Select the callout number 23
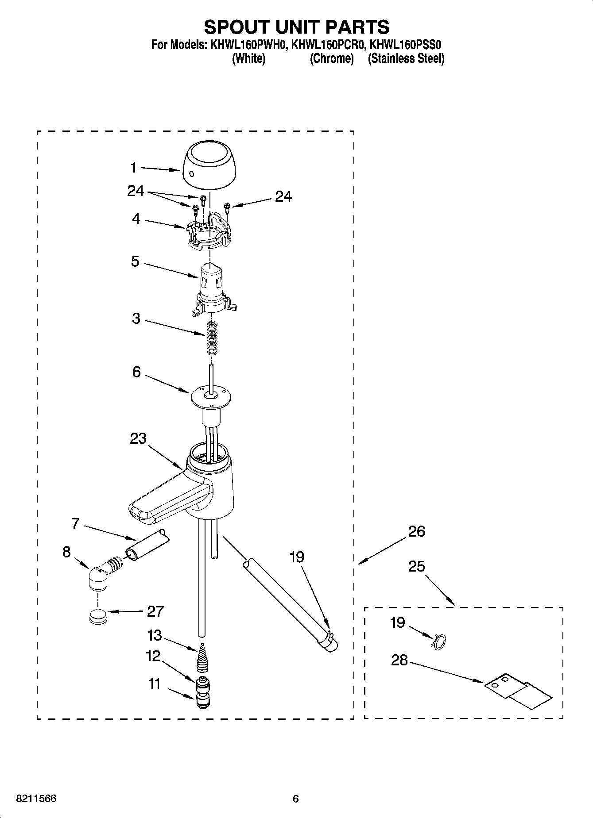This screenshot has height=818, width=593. [138, 438]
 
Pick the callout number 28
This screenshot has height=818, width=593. [399, 660]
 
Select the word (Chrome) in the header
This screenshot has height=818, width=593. [331, 58]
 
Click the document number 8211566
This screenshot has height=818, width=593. [36, 799]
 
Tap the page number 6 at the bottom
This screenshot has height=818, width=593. [296, 799]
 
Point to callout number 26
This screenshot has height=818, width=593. [416, 531]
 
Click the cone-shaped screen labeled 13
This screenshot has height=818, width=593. [202, 654]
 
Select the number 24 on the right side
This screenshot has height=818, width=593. [283, 196]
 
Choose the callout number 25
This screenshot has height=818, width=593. [416, 566]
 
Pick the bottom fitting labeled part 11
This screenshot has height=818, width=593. [202, 701]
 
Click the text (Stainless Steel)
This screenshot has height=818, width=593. [406, 58]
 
